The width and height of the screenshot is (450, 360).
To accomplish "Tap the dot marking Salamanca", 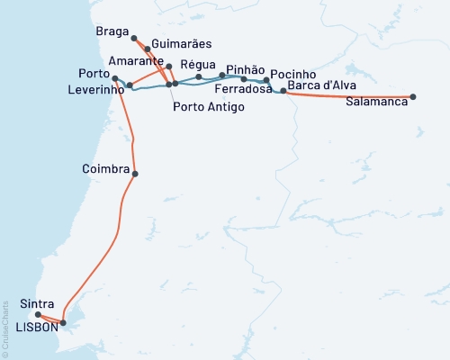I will (413, 96).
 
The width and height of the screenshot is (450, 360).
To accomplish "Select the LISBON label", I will (37, 328).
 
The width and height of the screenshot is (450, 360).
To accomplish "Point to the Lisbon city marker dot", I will (63, 322).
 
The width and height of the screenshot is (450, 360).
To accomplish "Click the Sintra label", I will (34, 305).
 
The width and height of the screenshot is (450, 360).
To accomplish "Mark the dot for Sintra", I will (38, 315).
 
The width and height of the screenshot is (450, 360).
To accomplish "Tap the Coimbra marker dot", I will (135, 174).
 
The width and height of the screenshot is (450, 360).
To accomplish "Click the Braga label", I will (112, 31).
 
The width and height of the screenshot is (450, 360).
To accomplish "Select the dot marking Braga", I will (134, 38).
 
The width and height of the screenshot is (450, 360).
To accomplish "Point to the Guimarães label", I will (178, 42).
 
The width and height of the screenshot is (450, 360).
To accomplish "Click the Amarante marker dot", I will (168, 67).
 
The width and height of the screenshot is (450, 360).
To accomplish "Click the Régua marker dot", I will (199, 77).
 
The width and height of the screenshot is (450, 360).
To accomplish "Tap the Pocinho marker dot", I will (266, 80).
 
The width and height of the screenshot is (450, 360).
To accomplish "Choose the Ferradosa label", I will (243, 90).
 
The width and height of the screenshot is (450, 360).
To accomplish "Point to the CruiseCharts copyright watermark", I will (6, 333).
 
